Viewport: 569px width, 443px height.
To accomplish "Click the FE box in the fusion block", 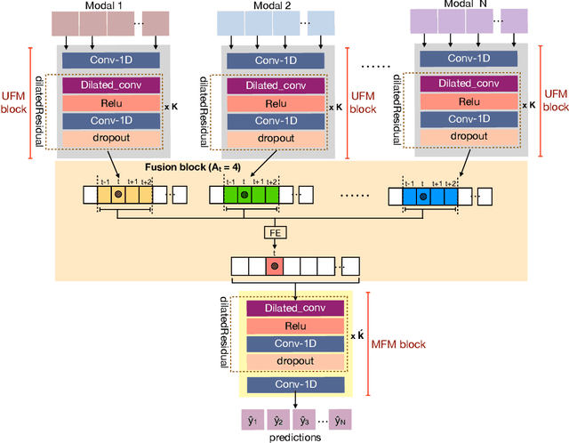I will tap(276, 234).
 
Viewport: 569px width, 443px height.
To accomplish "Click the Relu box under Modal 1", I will tap(111, 102).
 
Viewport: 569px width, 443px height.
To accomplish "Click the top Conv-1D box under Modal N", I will tap(463, 59).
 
